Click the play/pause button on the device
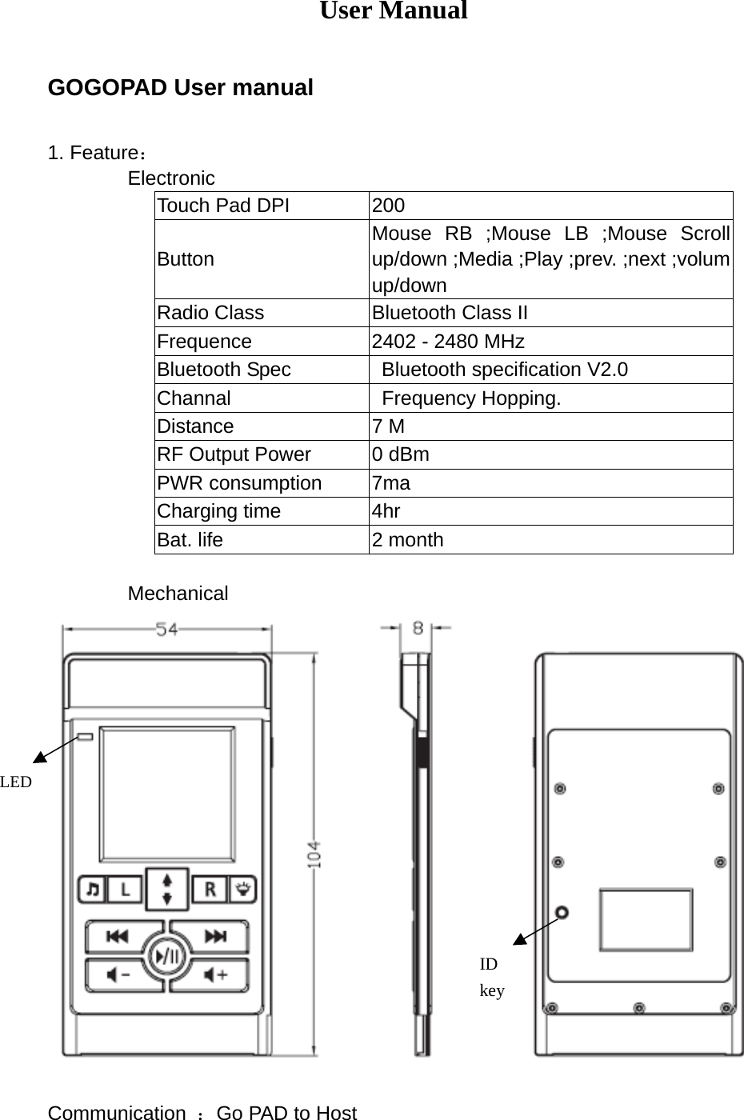[x=167, y=955]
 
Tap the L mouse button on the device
[x=124, y=889]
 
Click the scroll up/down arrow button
[x=167, y=889]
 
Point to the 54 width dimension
[x=166, y=630]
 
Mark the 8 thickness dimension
[x=418, y=629]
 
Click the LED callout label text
[x=16, y=782]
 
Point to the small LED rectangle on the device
[x=85, y=737]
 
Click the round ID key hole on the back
[x=562, y=912]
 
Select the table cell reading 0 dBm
[x=401, y=454]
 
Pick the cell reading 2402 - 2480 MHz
[x=448, y=342]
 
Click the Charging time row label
[x=218, y=511]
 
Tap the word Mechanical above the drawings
[x=178, y=594]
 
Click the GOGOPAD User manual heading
[x=181, y=87]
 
